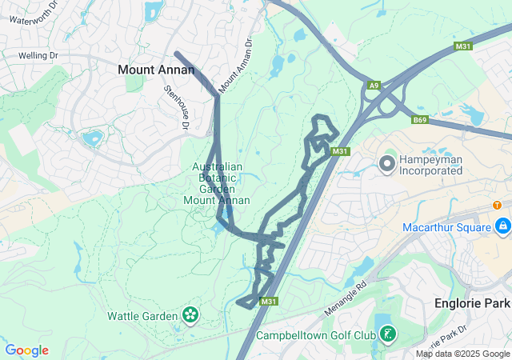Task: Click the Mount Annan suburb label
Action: tap(156, 70)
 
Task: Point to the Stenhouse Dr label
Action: tap(177, 108)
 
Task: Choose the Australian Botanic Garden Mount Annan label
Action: tap(217, 183)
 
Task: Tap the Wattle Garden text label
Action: tap(142, 316)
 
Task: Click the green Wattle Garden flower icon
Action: tap(190, 316)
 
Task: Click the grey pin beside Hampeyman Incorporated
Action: tap(386, 165)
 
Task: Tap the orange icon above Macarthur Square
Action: tap(497, 205)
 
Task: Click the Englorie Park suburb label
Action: tap(472, 303)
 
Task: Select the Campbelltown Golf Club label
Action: tap(315, 334)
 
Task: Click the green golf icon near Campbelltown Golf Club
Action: tap(387, 334)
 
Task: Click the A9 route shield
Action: tap(374, 85)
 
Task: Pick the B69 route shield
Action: tap(420, 120)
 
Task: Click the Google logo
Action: tap(26, 350)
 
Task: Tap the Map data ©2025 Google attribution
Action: tap(462, 354)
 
